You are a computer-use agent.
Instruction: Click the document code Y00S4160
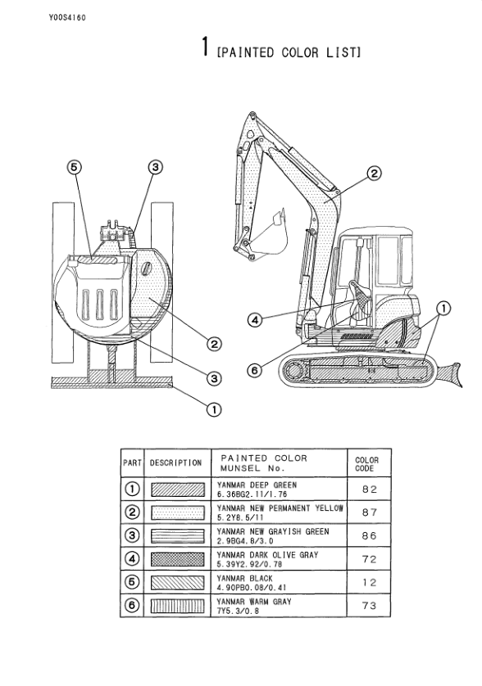(x=67, y=18)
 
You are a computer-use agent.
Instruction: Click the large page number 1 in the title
(x=205, y=47)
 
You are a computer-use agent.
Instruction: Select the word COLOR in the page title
(x=300, y=52)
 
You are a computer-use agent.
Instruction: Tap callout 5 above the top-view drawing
(x=75, y=167)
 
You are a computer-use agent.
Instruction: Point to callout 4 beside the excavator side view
(x=255, y=320)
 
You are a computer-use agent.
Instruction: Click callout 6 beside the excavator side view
(x=255, y=371)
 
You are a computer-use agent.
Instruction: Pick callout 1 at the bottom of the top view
(x=214, y=409)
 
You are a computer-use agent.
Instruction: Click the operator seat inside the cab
(x=361, y=303)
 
